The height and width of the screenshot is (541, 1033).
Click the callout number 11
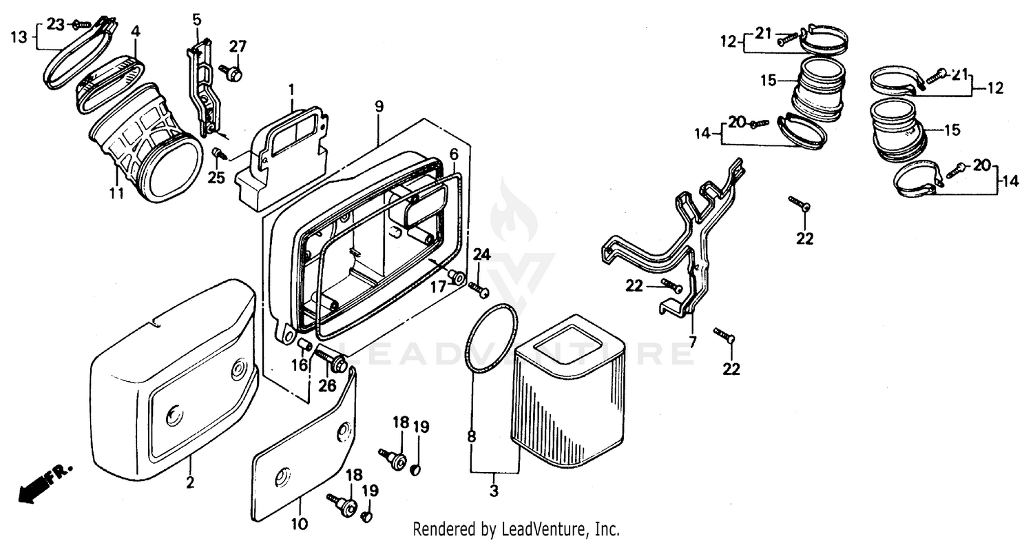pos(116,194)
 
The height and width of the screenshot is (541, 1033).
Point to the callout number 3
pos(494,492)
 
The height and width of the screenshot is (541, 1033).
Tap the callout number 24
pos(481,255)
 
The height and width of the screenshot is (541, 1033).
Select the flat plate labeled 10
pos(303,448)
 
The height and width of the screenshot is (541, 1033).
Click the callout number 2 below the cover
pos(191,482)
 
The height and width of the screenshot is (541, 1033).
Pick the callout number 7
pos(693,340)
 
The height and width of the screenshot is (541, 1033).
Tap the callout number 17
pos(438,286)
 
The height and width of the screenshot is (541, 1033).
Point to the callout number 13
pos(21,37)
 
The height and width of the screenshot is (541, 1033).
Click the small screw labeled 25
pos(216,152)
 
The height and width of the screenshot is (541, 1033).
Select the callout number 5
pos(197,19)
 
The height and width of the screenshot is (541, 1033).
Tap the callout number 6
pos(454,154)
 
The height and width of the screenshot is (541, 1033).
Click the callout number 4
pos(136,31)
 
